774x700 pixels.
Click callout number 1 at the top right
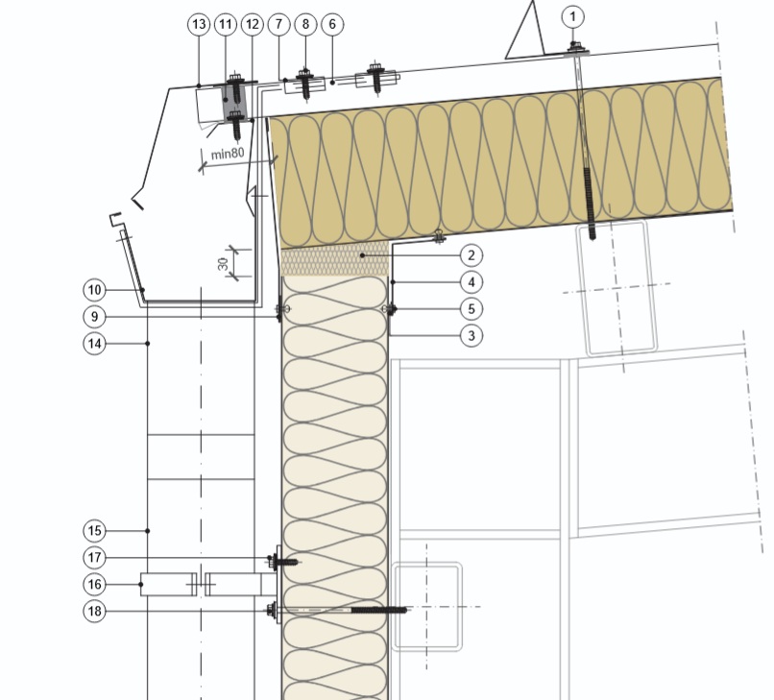click(572, 16)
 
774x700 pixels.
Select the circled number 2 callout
click(472, 255)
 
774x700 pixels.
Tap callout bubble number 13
click(199, 24)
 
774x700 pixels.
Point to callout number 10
click(95, 290)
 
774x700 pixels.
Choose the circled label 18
click(95, 611)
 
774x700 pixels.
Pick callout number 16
click(95, 585)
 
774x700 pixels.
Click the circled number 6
click(332, 24)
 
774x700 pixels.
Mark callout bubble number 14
click(95, 344)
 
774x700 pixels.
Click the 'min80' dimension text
click(228, 154)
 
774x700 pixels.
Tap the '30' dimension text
click(223, 264)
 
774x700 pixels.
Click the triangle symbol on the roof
click(524, 30)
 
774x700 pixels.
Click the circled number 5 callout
click(472, 309)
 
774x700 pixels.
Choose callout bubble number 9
click(95, 317)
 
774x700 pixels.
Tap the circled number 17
click(95, 558)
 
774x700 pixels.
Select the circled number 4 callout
click(472, 282)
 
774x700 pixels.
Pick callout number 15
click(95, 531)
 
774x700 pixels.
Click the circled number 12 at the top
click(253, 24)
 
